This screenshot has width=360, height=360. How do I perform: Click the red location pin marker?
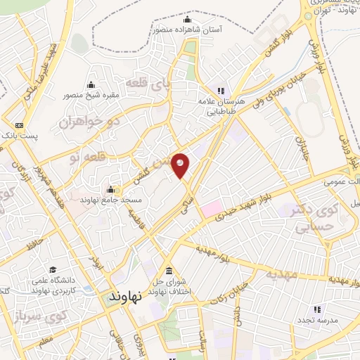coord(181,165)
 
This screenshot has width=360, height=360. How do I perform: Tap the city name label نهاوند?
coord(125,296)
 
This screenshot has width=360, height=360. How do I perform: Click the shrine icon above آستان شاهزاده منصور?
coord(186,18)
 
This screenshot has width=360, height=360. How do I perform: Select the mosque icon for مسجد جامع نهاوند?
coord(110,190)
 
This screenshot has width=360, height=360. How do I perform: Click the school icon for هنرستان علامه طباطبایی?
coord(221,90)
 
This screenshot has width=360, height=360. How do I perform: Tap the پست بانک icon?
coord(19,126)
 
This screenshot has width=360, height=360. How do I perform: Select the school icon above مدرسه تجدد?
coord(316,309)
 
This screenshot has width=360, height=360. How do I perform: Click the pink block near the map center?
coord(211,209)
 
